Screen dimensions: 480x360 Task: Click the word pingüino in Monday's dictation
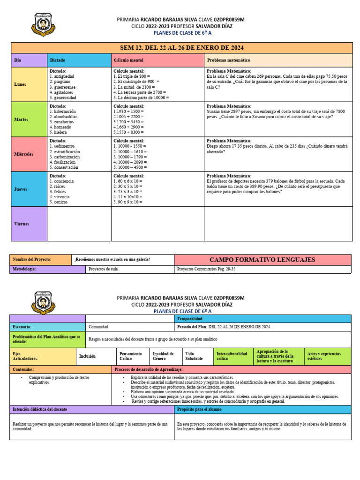(61, 81)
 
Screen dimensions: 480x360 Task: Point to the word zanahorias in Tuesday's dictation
(63, 121)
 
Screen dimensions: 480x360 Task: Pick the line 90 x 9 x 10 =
(128, 202)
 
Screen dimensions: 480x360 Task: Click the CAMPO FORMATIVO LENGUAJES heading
(262, 260)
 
